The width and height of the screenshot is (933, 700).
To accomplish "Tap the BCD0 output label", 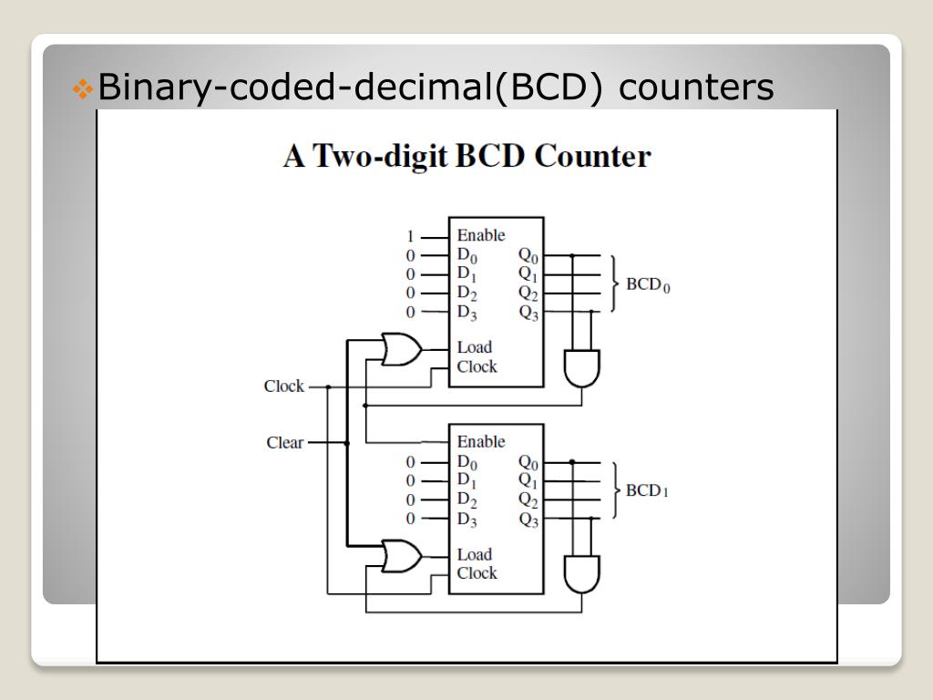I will coord(648,284).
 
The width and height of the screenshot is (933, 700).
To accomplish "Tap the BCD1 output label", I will coord(647,491).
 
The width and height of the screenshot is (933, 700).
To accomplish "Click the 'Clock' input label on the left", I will coord(283,386).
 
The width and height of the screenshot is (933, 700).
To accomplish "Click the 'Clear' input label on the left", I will coord(284,443).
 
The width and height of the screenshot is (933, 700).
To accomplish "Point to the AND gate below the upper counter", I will coord(582,367).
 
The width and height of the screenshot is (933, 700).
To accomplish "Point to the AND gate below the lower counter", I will coord(582,574).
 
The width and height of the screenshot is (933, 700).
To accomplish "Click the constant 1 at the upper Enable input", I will coord(411,236).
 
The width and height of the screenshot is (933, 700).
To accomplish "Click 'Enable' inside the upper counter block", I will coord(480,235).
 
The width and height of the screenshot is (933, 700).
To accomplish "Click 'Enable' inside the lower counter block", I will coord(480,442).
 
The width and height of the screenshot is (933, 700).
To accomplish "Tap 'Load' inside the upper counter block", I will coord(474,347).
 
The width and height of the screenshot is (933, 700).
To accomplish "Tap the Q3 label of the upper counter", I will coord(528,313).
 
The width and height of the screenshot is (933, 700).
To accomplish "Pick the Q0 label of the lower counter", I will coord(528,463).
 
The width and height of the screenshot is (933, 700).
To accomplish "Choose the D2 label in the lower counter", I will coord(466,500).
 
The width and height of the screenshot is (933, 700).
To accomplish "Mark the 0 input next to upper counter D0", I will coord(411,255).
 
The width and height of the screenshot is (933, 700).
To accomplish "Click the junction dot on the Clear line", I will coord(347,443).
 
